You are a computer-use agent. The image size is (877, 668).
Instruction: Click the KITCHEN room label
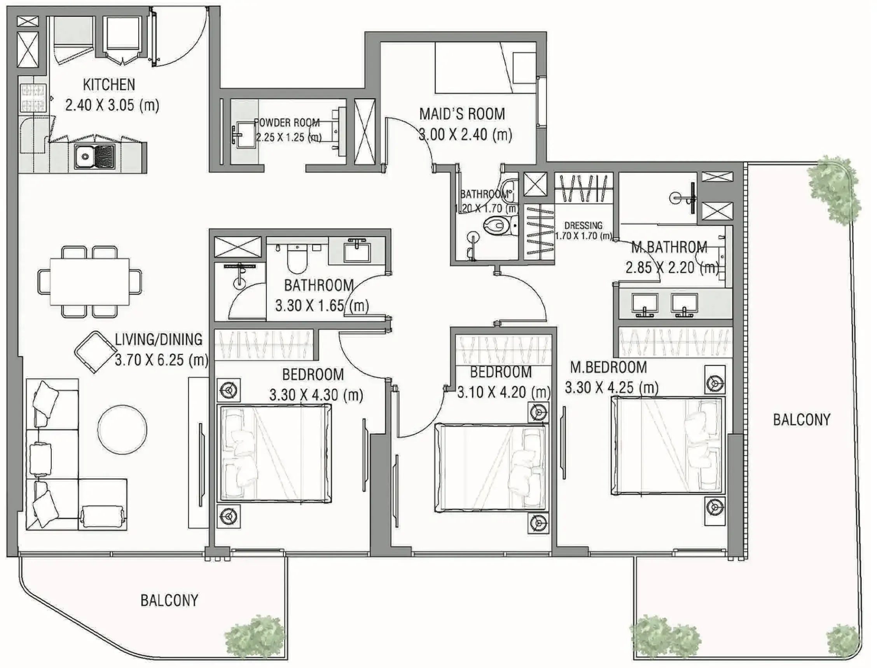point(109,85)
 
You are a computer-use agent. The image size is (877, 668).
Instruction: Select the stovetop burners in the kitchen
point(33,98)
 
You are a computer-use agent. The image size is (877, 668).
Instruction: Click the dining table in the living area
point(89,282)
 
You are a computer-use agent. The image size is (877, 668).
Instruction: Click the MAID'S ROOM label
point(462,114)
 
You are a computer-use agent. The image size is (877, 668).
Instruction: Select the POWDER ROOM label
point(287,122)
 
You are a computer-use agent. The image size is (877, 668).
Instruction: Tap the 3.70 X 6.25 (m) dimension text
point(161,360)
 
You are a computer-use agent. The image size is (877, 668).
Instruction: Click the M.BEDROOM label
point(608,367)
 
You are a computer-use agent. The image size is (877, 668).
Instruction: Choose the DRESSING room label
point(583,226)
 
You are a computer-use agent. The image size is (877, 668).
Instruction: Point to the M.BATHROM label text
point(669,247)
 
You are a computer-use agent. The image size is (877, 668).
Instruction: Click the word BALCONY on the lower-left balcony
point(169,600)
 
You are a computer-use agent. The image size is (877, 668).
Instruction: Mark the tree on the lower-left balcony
point(255,637)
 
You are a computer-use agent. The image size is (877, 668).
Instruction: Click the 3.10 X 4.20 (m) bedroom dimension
point(504,392)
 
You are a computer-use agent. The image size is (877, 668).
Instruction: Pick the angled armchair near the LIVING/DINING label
point(94,352)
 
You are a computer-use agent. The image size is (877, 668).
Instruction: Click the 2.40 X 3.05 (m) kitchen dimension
point(112,105)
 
